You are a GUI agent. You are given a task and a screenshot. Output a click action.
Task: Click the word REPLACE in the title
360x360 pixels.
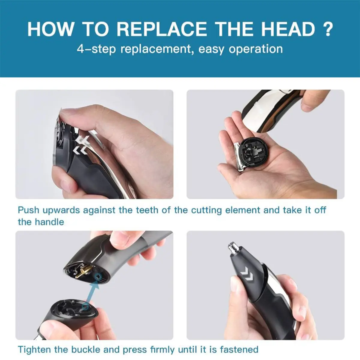(x=162, y=29)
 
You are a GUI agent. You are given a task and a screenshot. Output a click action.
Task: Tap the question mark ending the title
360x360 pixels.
(x=328, y=29)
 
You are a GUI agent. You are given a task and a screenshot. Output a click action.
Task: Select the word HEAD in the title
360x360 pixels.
(x=288, y=29)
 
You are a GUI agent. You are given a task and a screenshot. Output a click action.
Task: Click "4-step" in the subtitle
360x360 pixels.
(x=96, y=49)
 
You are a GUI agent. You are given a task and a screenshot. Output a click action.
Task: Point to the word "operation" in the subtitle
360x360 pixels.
(x=256, y=49)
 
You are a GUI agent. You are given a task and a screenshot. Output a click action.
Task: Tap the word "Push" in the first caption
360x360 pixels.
(x=28, y=210)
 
